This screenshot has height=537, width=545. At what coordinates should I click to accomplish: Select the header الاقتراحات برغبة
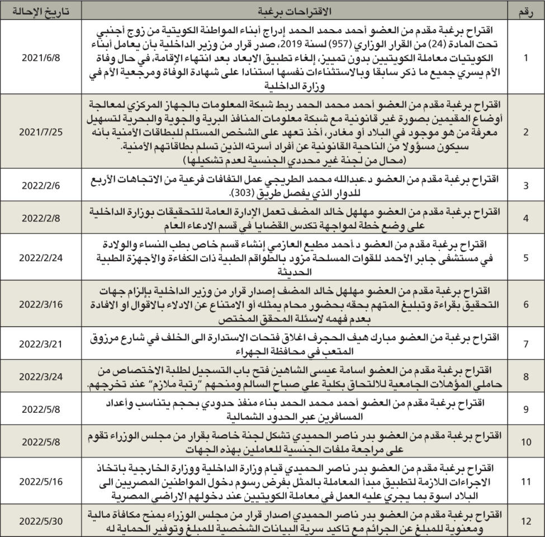[x=295, y=11]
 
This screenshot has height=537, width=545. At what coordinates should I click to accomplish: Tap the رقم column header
[x=526, y=11]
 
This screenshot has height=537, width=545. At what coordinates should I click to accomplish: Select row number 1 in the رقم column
[x=525, y=58]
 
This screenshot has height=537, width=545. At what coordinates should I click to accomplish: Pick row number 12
[x=525, y=521]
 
